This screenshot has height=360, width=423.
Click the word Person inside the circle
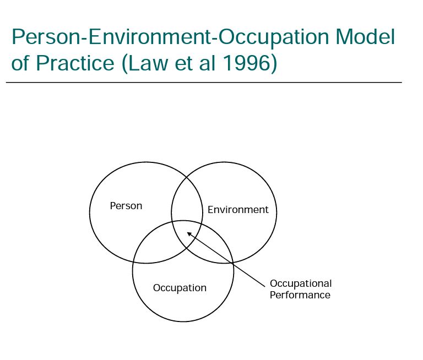[126, 206]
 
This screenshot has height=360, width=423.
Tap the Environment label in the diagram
[238, 210]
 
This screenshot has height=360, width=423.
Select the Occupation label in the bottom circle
[180, 288]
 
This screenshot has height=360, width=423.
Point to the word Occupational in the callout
[301, 283]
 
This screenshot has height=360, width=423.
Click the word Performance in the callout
[300, 295]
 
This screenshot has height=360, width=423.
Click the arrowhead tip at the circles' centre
[188, 233]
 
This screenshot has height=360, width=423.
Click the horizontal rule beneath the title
[204, 83]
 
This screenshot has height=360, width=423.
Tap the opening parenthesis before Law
[126, 64]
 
